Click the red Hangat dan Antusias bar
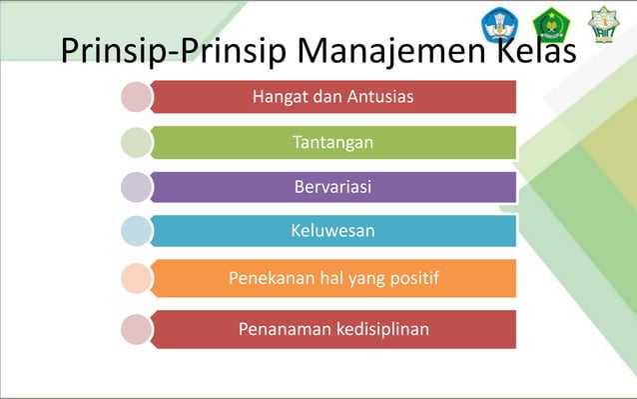(334, 97)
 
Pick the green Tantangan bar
(334, 142)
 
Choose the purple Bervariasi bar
(334, 187)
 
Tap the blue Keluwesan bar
(334, 231)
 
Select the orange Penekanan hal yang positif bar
(334, 277)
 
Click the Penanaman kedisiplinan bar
(334, 328)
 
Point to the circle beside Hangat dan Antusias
(137, 97)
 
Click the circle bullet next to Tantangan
(137, 142)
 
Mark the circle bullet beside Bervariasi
(137, 187)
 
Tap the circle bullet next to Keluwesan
(137, 231)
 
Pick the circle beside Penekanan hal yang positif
(137, 278)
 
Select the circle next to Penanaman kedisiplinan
(137, 328)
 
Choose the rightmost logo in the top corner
(602, 24)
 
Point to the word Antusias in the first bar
(381, 97)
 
